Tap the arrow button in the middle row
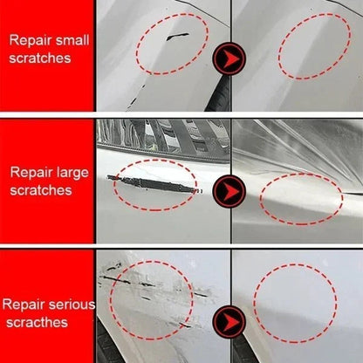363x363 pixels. click(230, 188)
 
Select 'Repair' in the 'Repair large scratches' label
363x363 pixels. click(32, 171)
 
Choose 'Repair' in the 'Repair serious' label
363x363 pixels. click(22, 305)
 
